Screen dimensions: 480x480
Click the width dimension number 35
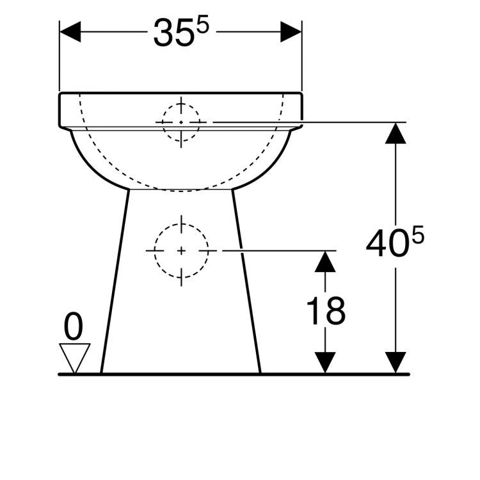(174, 33)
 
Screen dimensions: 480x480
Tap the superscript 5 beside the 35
(203, 24)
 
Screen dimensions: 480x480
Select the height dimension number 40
(387, 243)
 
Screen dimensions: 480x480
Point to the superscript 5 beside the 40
(418, 234)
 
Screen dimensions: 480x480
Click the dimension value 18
(326, 310)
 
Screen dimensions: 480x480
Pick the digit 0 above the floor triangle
(74, 326)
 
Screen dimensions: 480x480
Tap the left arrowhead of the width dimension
(70, 31)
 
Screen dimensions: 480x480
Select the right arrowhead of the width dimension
(291, 31)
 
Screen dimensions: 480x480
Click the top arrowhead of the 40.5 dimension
(396, 133)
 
